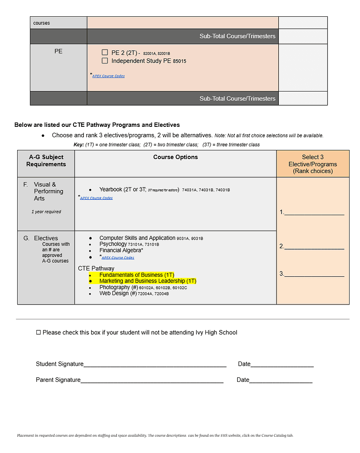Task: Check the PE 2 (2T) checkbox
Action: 105,53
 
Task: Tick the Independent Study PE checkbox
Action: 105,61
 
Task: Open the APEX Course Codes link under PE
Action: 108,76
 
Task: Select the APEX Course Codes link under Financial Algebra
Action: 117,258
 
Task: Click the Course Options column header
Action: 175,157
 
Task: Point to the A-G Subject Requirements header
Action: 46,160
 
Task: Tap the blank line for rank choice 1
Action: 314,212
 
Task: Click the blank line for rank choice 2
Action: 314,246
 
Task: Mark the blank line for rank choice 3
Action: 314,274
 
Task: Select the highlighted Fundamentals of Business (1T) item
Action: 136,275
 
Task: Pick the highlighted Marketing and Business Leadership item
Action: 147,281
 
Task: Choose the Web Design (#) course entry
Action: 118,294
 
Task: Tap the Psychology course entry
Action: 113,244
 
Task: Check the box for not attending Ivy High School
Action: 39,333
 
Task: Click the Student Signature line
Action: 155,364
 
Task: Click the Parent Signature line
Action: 152,380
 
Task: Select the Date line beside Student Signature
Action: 282,364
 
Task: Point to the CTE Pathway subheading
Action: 96,269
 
